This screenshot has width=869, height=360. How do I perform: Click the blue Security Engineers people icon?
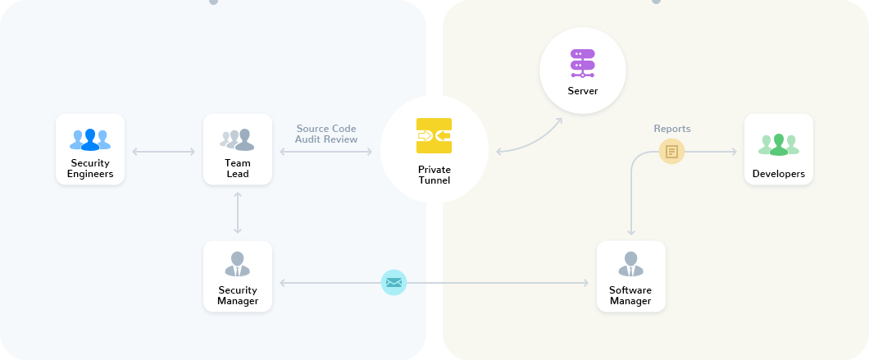(90, 139)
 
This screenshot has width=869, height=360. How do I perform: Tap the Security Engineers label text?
(90, 168)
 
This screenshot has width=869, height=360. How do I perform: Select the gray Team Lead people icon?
(238, 139)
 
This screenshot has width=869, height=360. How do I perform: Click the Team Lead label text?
(238, 168)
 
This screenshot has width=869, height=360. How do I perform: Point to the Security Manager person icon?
(238, 265)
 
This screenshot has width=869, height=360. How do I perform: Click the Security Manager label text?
(238, 295)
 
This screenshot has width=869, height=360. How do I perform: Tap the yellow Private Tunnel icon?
(434, 136)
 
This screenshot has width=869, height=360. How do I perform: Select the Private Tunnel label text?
(434, 175)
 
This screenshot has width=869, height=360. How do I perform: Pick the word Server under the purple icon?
(582, 90)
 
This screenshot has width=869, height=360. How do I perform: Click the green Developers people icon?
(779, 144)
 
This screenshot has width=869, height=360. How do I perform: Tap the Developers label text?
(779, 174)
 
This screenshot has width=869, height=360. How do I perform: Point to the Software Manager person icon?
(631, 265)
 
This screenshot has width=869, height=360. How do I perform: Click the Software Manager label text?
(630, 295)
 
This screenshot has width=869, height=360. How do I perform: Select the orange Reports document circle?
(671, 151)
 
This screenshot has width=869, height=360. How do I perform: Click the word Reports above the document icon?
(671, 129)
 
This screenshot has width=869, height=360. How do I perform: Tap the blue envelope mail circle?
(394, 283)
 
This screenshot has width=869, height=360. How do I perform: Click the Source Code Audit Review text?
(326, 134)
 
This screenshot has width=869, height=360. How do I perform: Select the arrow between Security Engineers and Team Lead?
(164, 152)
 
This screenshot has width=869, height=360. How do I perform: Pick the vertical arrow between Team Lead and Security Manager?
(238, 212)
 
